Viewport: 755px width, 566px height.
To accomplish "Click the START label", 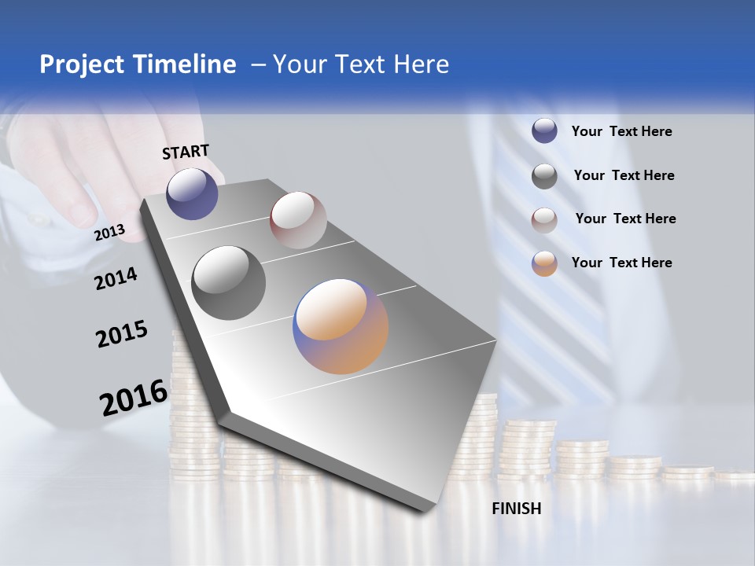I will pos(186,152).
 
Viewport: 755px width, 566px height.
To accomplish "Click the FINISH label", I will pos(517,509).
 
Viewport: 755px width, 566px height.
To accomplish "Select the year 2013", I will pos(110,232).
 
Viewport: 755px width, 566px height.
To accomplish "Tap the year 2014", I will pos(116,278).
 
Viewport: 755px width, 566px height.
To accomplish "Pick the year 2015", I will pos(122,334).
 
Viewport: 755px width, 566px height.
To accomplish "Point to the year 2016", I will pos(134,397).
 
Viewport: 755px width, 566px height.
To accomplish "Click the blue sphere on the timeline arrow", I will pos(192,193).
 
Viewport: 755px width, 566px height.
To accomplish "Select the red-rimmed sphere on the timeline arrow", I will pos(298,220).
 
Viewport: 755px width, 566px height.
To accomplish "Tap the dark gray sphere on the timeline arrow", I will pos(229,283).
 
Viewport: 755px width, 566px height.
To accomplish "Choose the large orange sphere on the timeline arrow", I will pos(341,326).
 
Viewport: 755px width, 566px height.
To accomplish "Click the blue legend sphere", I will pos(544,131).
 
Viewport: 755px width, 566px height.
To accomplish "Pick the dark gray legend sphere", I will pos(544,176).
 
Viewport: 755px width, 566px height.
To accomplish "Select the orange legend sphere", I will pos(544,263).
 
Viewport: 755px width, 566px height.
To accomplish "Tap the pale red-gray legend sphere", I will pos(544,220).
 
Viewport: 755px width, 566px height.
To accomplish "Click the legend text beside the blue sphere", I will pos(622,132).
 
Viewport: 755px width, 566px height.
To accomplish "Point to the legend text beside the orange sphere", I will pos(622,263).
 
